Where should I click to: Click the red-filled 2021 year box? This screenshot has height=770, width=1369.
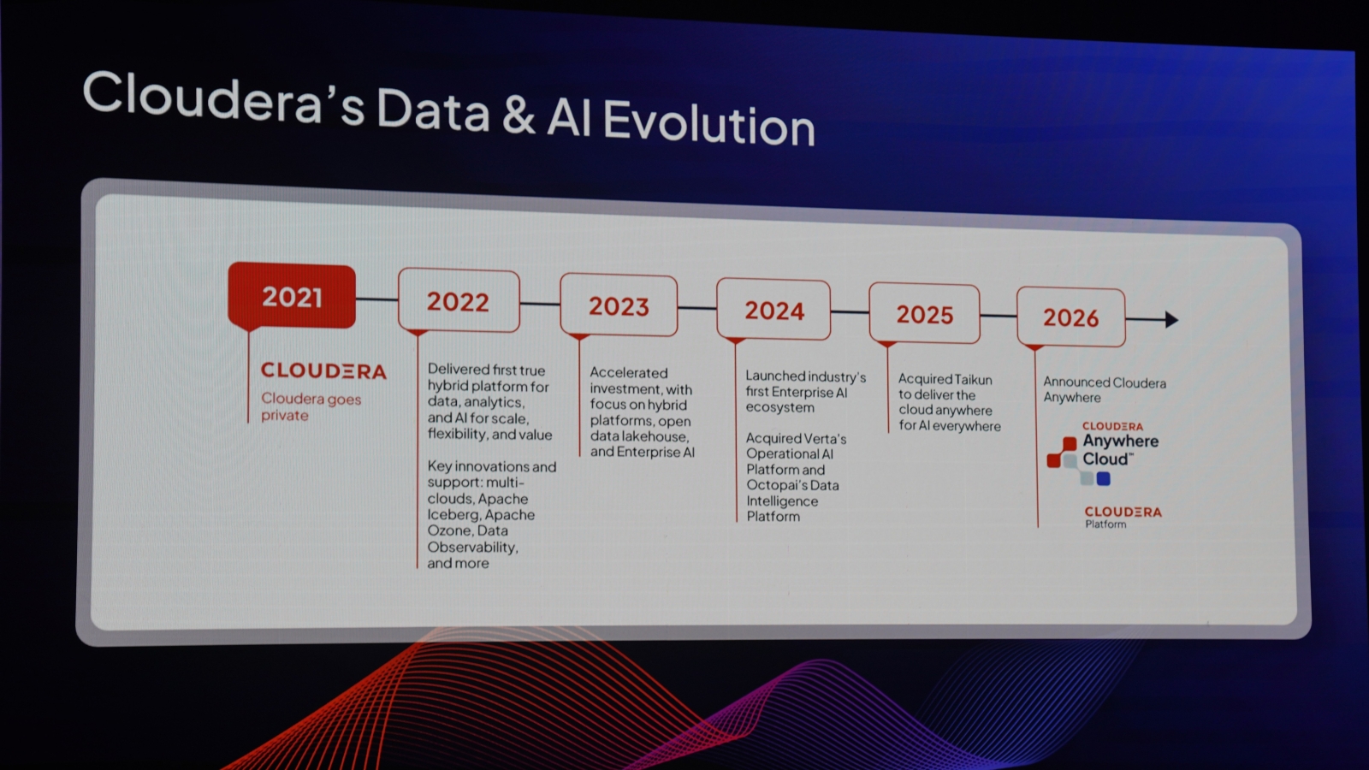pos(292,296)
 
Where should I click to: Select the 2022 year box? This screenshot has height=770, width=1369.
pos(459,300)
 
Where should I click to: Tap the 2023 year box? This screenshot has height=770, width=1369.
pos(619,305)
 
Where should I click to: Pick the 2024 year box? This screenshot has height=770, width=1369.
pos(773,309)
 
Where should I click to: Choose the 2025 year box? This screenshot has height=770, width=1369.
pos(925,313)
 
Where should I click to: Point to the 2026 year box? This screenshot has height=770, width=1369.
pos(1070,317)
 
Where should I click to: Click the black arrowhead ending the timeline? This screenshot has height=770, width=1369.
pos(1171,320)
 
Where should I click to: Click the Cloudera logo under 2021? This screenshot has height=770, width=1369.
pos(323,370)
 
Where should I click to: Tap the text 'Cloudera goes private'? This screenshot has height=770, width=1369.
pos(311,407)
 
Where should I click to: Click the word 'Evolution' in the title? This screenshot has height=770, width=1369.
pos(709,123)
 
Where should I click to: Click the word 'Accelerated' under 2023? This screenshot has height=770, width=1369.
pos(628,373)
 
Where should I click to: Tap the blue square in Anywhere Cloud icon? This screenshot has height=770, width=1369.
pos(1103,478)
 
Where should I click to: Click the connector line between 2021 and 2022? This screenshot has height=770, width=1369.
pos(376,299)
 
